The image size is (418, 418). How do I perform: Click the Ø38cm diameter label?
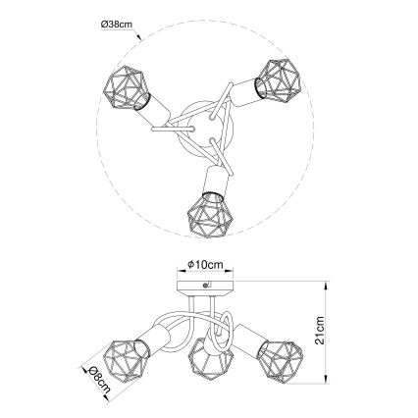point(116,24)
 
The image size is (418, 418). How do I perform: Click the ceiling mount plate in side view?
point(206,286)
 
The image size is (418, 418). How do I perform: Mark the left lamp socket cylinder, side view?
point(152,339)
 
